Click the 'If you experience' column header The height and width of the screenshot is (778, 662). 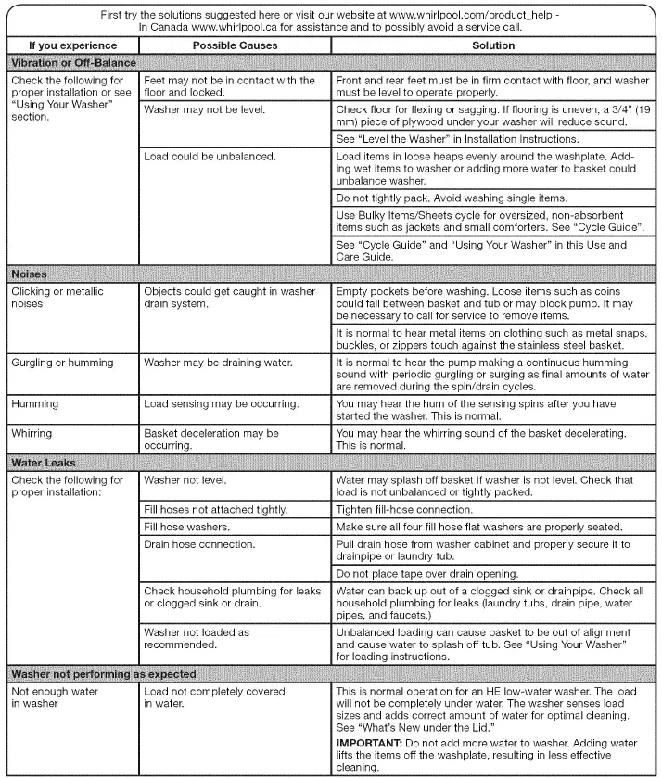click(x=72, y=45)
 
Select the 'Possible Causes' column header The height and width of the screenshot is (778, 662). click(x=235, y=45)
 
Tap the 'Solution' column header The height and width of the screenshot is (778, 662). click(x=493, y=45)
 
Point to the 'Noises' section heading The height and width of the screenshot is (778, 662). click(x=29, y=274)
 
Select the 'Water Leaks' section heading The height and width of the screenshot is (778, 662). click(x=43, y=462)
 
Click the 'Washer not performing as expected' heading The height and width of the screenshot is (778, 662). click(x=102, y=672)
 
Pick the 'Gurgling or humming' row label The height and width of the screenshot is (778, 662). click(x=62, y=363)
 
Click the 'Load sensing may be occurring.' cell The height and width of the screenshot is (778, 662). click(x=221, y=404)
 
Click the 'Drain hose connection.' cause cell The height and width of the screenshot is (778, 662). click(x=199, y=543)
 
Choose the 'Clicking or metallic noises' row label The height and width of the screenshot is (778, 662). click(x=57, y=298)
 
